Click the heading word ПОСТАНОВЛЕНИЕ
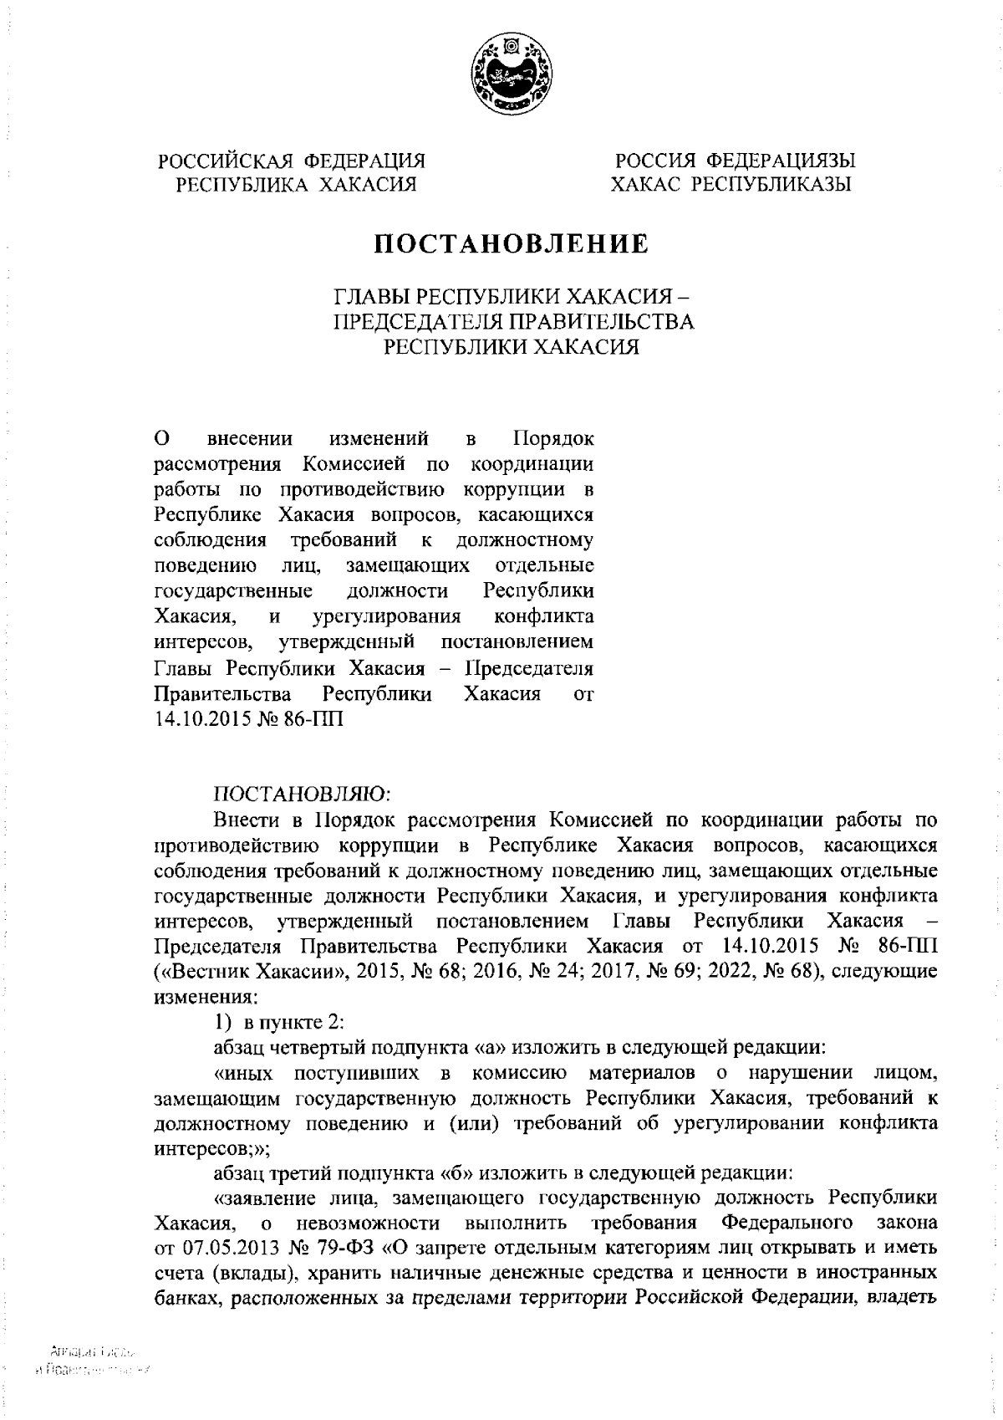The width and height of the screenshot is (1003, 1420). click(511, 244)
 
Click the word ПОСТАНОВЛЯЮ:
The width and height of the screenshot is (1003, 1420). click(297, 792)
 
